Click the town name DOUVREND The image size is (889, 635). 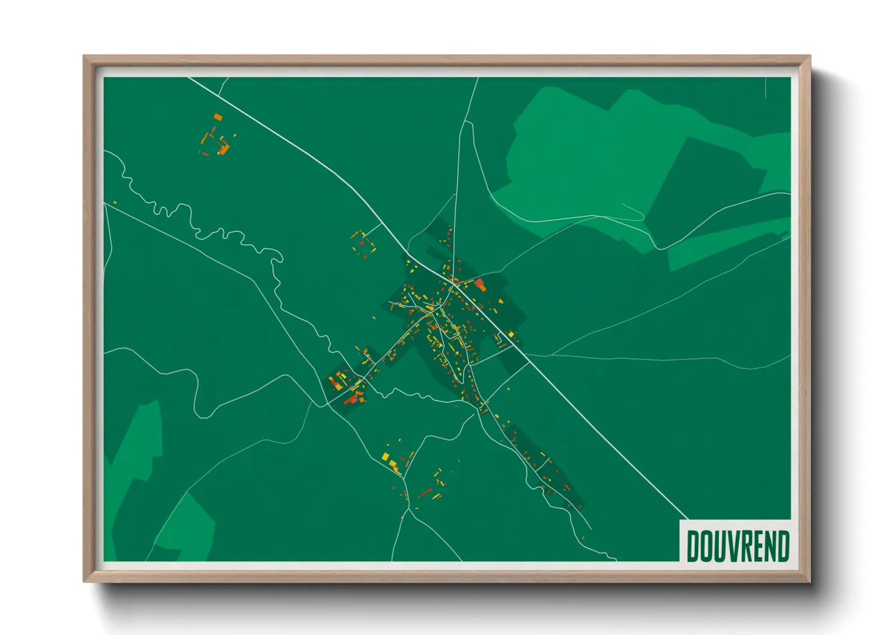tap(738, 546)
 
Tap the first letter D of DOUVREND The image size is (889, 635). tap(693, 546)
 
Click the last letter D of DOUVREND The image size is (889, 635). tap(783, 546)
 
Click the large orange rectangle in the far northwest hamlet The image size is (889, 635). tap(217, 117)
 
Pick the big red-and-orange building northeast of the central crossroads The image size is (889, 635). tap(479, 284)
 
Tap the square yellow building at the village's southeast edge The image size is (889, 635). tap(511, 334)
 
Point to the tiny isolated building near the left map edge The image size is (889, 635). tap(114, 203)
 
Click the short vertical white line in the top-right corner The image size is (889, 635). tap(766, 88)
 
